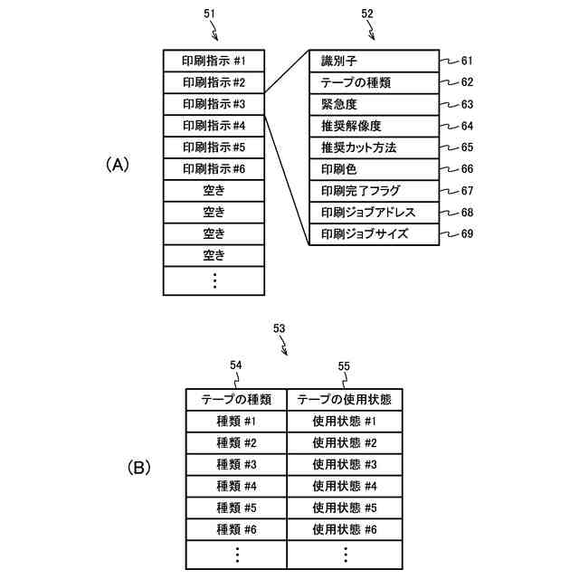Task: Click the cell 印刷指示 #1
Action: point(214,61)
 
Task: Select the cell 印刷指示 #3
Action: point(214,104)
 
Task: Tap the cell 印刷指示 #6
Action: point(214,169)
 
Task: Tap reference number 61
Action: point(467,62)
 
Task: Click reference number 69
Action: point(467,235)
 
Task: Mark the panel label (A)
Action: point(118,165)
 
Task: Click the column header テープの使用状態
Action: point(344,399)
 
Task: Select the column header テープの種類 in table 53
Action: point(236,399)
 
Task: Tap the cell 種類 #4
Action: point(236,486)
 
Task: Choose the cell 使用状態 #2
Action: point(344,442)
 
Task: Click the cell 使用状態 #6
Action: point(344,529)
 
